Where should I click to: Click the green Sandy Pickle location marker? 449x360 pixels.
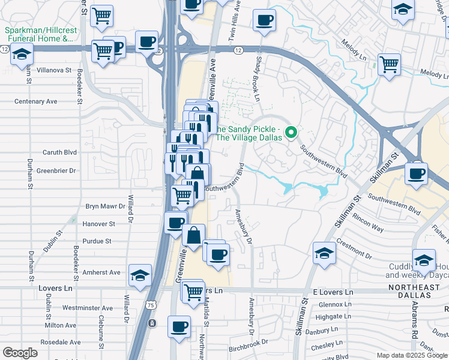291,133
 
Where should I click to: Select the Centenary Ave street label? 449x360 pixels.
35,101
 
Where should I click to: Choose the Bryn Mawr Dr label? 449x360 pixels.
104,206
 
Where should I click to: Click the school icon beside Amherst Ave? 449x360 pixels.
140,275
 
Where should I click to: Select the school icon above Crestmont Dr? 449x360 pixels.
324,253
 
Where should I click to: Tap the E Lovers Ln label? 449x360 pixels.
333,292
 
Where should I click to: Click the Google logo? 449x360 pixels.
20,353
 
